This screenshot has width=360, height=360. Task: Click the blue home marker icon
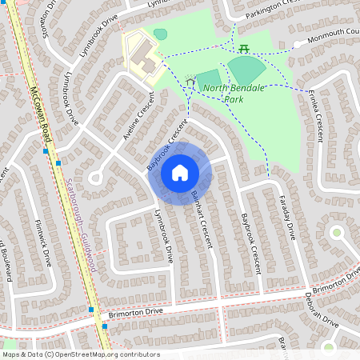[x=180, y=173]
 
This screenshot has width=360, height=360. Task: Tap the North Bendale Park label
[x=223, y=93]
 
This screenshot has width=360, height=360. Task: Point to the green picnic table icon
[x=243, y=49]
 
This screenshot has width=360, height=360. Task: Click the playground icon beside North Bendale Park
[x=190, y=82]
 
